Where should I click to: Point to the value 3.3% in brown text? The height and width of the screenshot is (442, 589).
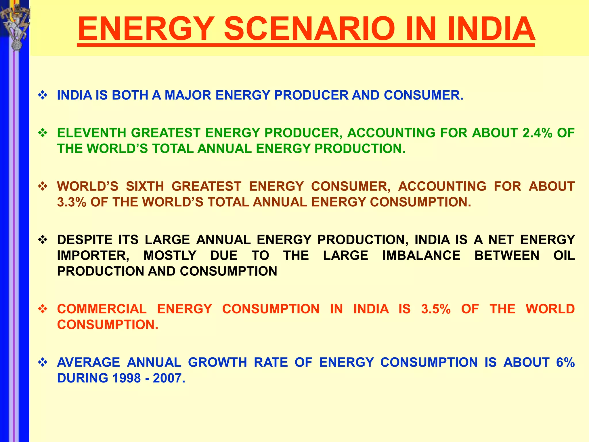[x=72, y=202]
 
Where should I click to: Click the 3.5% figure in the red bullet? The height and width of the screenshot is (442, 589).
[x=436, y=309]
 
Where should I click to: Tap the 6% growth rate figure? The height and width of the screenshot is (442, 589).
[x=565, y=362]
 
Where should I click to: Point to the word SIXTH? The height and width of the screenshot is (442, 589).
[x=145, y=186]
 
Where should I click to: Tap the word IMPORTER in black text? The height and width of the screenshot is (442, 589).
[x=93, y=256]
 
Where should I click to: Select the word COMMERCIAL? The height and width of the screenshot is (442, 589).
[x=102, y=309]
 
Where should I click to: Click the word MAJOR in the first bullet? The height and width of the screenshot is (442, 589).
[x=188, y=95]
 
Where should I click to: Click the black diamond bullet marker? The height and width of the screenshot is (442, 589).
[x=43, y=239]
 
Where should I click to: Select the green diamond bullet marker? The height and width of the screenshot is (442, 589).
[x=43, y=133]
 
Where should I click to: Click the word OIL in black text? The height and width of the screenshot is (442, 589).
[x=564, y=256]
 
